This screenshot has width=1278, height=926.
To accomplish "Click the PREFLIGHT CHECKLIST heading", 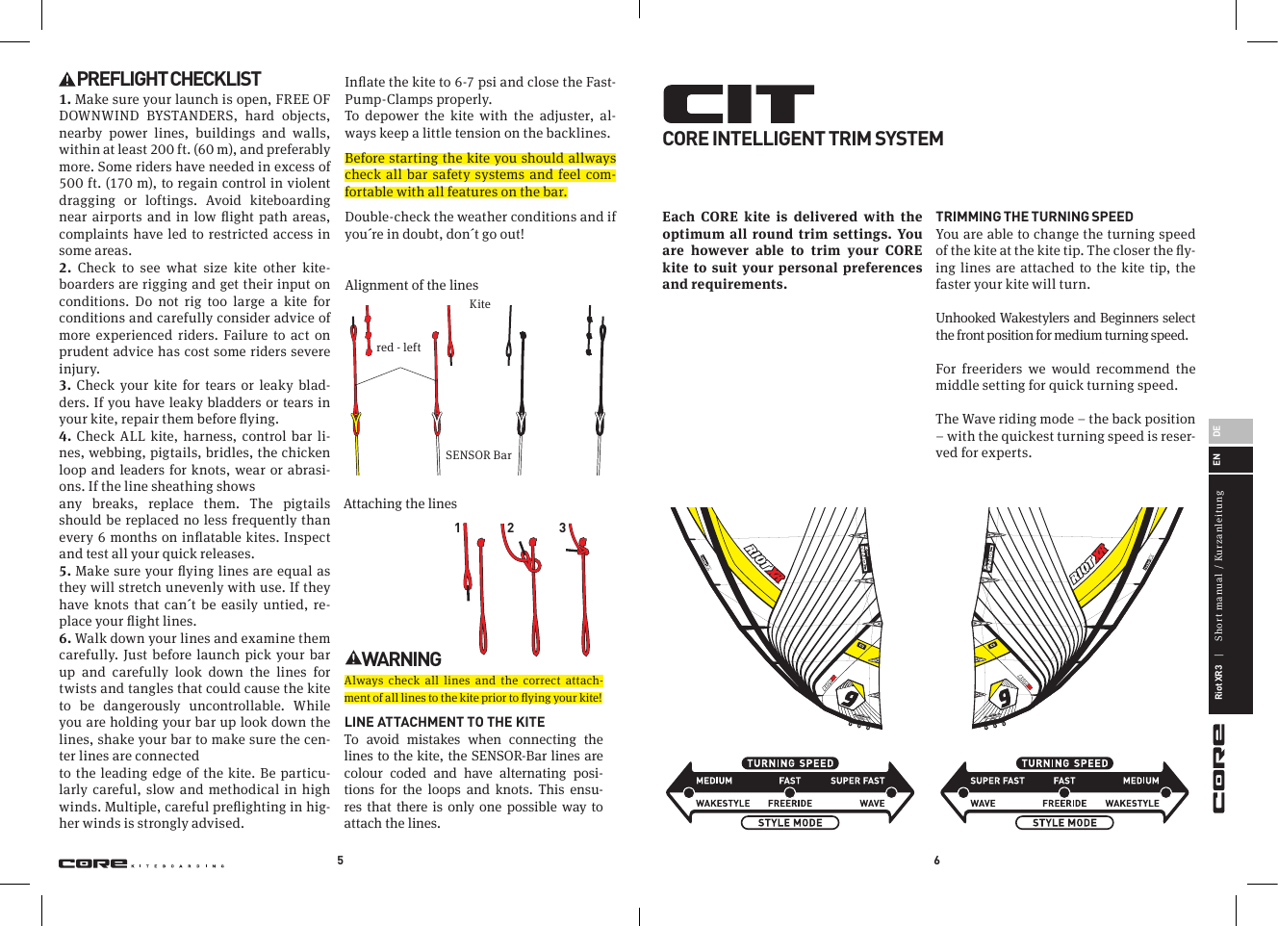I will (168, 80).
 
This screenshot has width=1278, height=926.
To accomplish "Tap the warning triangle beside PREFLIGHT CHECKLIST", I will (66, 81).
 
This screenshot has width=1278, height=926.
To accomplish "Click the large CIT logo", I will (738, 104).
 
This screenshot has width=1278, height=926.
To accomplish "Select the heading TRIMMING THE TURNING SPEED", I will (1034, 217).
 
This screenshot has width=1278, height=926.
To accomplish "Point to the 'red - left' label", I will (398, 347).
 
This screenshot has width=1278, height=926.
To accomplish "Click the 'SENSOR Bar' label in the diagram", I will (478, 455).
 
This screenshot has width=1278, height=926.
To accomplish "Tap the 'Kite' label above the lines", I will (479, 304).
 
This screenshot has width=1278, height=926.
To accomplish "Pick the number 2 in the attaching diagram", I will (510, 527).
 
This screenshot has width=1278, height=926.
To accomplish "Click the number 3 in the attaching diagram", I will (563, 527).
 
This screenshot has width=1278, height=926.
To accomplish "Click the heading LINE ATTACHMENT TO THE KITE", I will (444, 722).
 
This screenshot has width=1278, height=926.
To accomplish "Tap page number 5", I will (340, 861).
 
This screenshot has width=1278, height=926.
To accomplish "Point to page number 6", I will (936, 861).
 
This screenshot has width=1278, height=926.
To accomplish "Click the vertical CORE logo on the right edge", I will (1218, 768).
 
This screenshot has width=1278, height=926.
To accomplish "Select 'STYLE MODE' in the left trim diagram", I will (790, 823).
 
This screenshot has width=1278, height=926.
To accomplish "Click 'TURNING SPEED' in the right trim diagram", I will (1064, 763).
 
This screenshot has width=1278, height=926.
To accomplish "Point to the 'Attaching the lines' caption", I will (400, 503).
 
